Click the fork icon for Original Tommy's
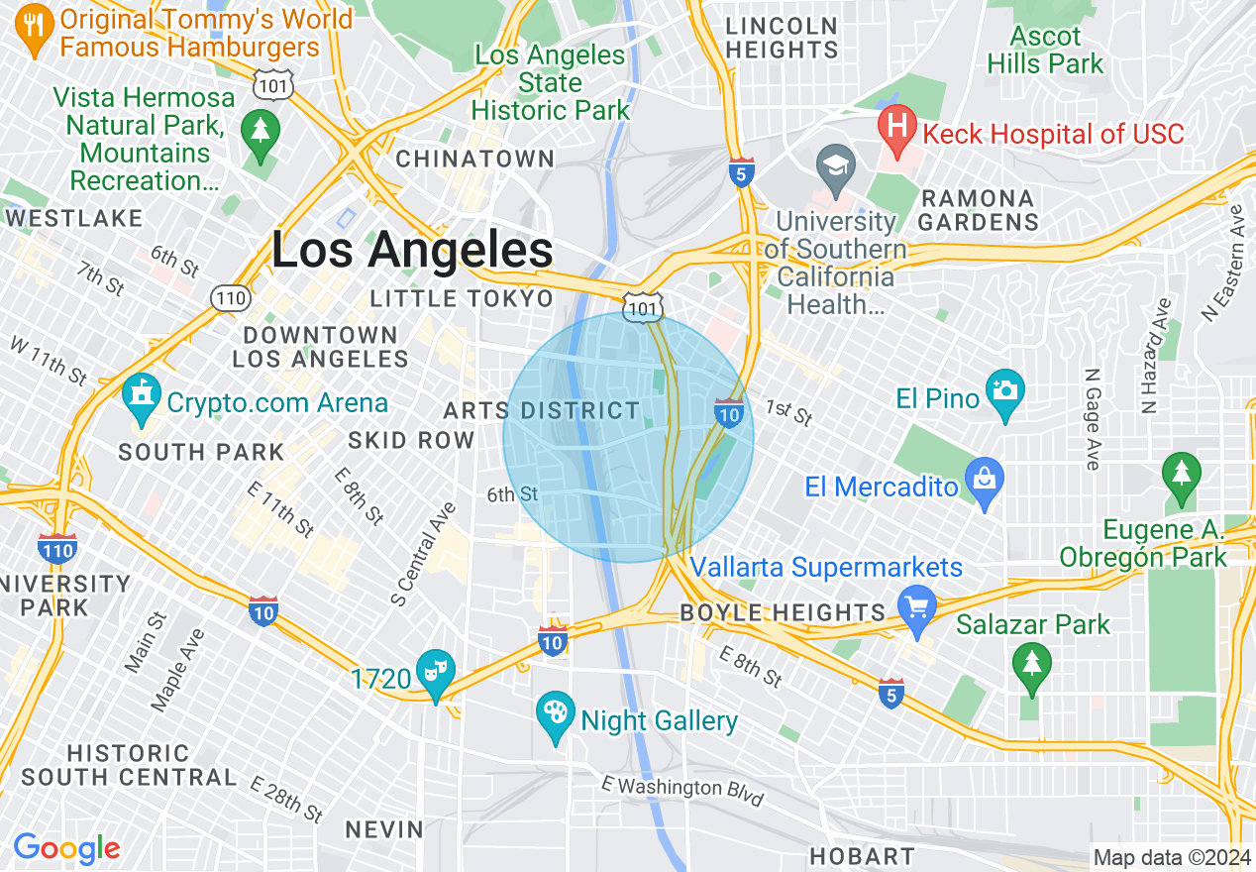[36, 31]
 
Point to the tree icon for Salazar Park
[1032, 668]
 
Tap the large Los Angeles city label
[412, 251]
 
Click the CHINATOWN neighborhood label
[475, 159]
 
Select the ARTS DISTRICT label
[542, 410]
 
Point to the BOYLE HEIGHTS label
[783, 612]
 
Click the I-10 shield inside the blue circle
[729, 413]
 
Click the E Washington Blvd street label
[682, 790]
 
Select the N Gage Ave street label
[1092, 419]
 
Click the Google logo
[66, 848]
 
